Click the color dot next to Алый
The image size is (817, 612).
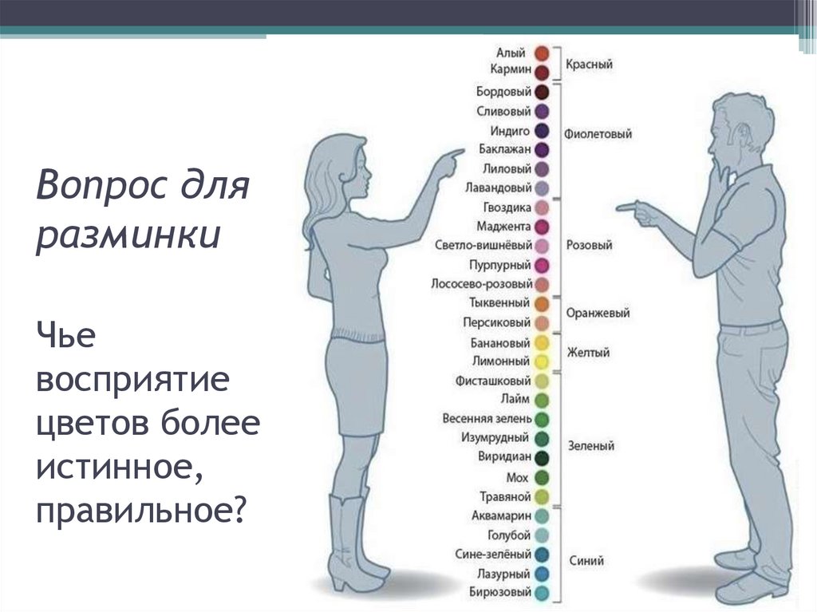pyautogui.click(x=542, y=53)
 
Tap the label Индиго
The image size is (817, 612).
pyautogui.click(x=510, y=130)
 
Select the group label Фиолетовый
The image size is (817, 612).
pyautogui.click(x=598, y=134)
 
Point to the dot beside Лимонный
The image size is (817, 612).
pyautogui.click(x=542, y=361)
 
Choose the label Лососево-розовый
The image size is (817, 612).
pyautogui.click(x=481, y=284)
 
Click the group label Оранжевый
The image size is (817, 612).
pyautogui.click(x=598, y=314)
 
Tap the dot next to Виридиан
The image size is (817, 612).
pyautogui.click(x=542, y=458)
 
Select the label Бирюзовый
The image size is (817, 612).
pyautogui.click(x=503, y=592)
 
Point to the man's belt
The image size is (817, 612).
pyautogui.click(x=751, y=326)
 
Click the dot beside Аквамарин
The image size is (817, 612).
pyautogui.click(x=542, y=515)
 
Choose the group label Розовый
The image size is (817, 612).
pyautogui.click(x=589, y=245)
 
